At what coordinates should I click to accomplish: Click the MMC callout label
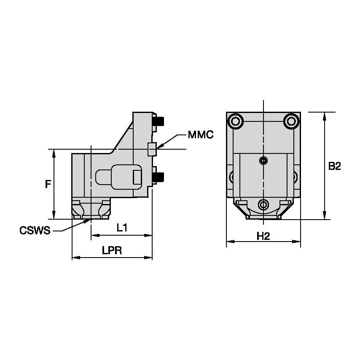tap(201, 135)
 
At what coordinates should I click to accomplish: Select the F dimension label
tap(48, 184)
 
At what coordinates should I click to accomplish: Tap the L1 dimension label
tap(122, 228)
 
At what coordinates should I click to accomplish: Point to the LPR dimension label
tap(112, 250)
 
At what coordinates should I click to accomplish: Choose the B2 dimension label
tap(334, 166)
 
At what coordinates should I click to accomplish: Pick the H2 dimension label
tap(263, 236)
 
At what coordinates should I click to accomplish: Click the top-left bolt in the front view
tap(235, 121)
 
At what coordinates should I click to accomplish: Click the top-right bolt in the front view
tap(291, 121)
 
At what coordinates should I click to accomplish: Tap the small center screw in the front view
tap(263, 160)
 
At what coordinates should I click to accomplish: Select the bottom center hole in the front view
tap(263, 205)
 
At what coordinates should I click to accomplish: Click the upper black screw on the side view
tap(159, 122)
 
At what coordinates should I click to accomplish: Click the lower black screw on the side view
tap(159, 177)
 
